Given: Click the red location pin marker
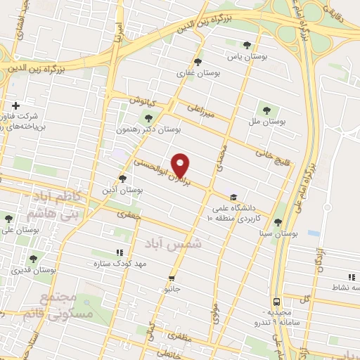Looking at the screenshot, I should tap(181, 165).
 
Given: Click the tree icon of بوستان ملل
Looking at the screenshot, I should tap(266, 109).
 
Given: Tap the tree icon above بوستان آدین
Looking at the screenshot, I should tap(123, 179).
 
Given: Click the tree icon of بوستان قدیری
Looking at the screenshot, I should tap(32, 259).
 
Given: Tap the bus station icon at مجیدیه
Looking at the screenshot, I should tap(277, 299).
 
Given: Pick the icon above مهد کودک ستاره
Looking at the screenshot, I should tap(120, 252).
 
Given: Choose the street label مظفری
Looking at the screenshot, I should tap(196, 340).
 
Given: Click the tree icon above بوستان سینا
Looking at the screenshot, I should tap(279, 220).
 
